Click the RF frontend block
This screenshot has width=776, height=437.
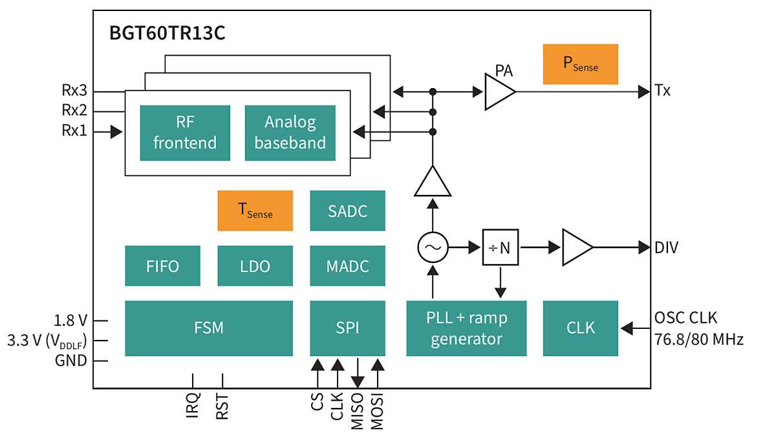pyautogui.click(x=185, y=133)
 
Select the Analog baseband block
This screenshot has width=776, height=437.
pyautogui.click(x=290, y=133)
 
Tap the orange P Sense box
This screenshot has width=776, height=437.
pyautogui.click(x=580, y=64)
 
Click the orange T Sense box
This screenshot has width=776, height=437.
pyautogui.click(x=255, y=210)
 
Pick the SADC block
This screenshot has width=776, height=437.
pyautogui.click(x=347, y=210)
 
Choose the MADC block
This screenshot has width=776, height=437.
pyautogui.click(x=347, y=265)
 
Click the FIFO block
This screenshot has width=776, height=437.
pyautogui.click(x=162, y=265)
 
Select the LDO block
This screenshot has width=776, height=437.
pyautogui.click(x=255, y=265)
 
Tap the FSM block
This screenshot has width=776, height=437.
pyautogui.click(x=208, y=328)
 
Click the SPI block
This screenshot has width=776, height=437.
pyautogui.click(x=347, y=328)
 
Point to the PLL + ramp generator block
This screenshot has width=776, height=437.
pyautogui.click(x=466, y=328)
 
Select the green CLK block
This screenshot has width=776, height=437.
pyautogui.click(x=580, y=328)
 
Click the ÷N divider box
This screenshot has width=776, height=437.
pyautogui.click(x=500, y=247)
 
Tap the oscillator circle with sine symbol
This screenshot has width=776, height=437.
pyautogui.click(x=433, y=247)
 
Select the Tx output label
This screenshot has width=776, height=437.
pyautogui.click(x=662, y=91)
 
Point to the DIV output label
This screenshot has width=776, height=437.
pyautogui.click(x=666, y=247)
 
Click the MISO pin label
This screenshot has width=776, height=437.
pyautogui.click(x=357, y=412)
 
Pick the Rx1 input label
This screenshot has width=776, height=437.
pyautogui.click(x=75, y=131)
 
